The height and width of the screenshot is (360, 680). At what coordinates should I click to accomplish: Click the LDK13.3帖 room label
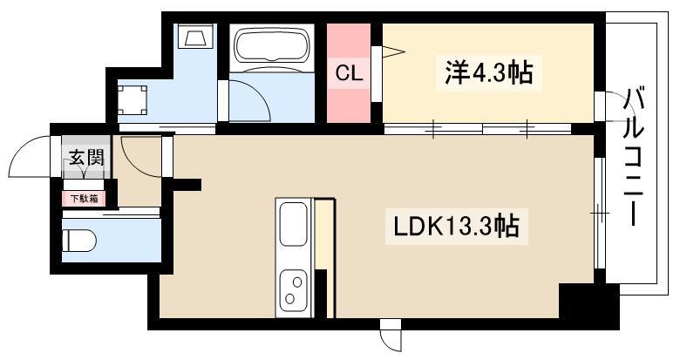(456, 226)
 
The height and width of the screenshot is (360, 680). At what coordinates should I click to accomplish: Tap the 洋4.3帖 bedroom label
(489, 73)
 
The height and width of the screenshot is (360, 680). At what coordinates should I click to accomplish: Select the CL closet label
(349, 74)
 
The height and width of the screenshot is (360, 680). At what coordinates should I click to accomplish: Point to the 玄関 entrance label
(87, 158)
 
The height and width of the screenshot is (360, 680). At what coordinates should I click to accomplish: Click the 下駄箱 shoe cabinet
(85, 199)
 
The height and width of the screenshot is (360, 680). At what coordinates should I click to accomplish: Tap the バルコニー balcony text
(633, 157)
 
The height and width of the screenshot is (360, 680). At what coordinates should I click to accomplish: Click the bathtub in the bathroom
(271, 45)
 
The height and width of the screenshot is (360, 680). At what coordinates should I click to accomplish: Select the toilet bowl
(79, 241)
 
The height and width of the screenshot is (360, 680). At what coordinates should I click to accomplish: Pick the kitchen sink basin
(293, 224)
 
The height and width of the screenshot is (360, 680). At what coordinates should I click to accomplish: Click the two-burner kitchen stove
(293, 290)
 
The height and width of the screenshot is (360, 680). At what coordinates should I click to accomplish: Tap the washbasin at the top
(195, 37)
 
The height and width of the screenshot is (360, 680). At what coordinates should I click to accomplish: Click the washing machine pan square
(133, 100)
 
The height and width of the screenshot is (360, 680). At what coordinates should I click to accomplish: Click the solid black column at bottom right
(588, 305)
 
